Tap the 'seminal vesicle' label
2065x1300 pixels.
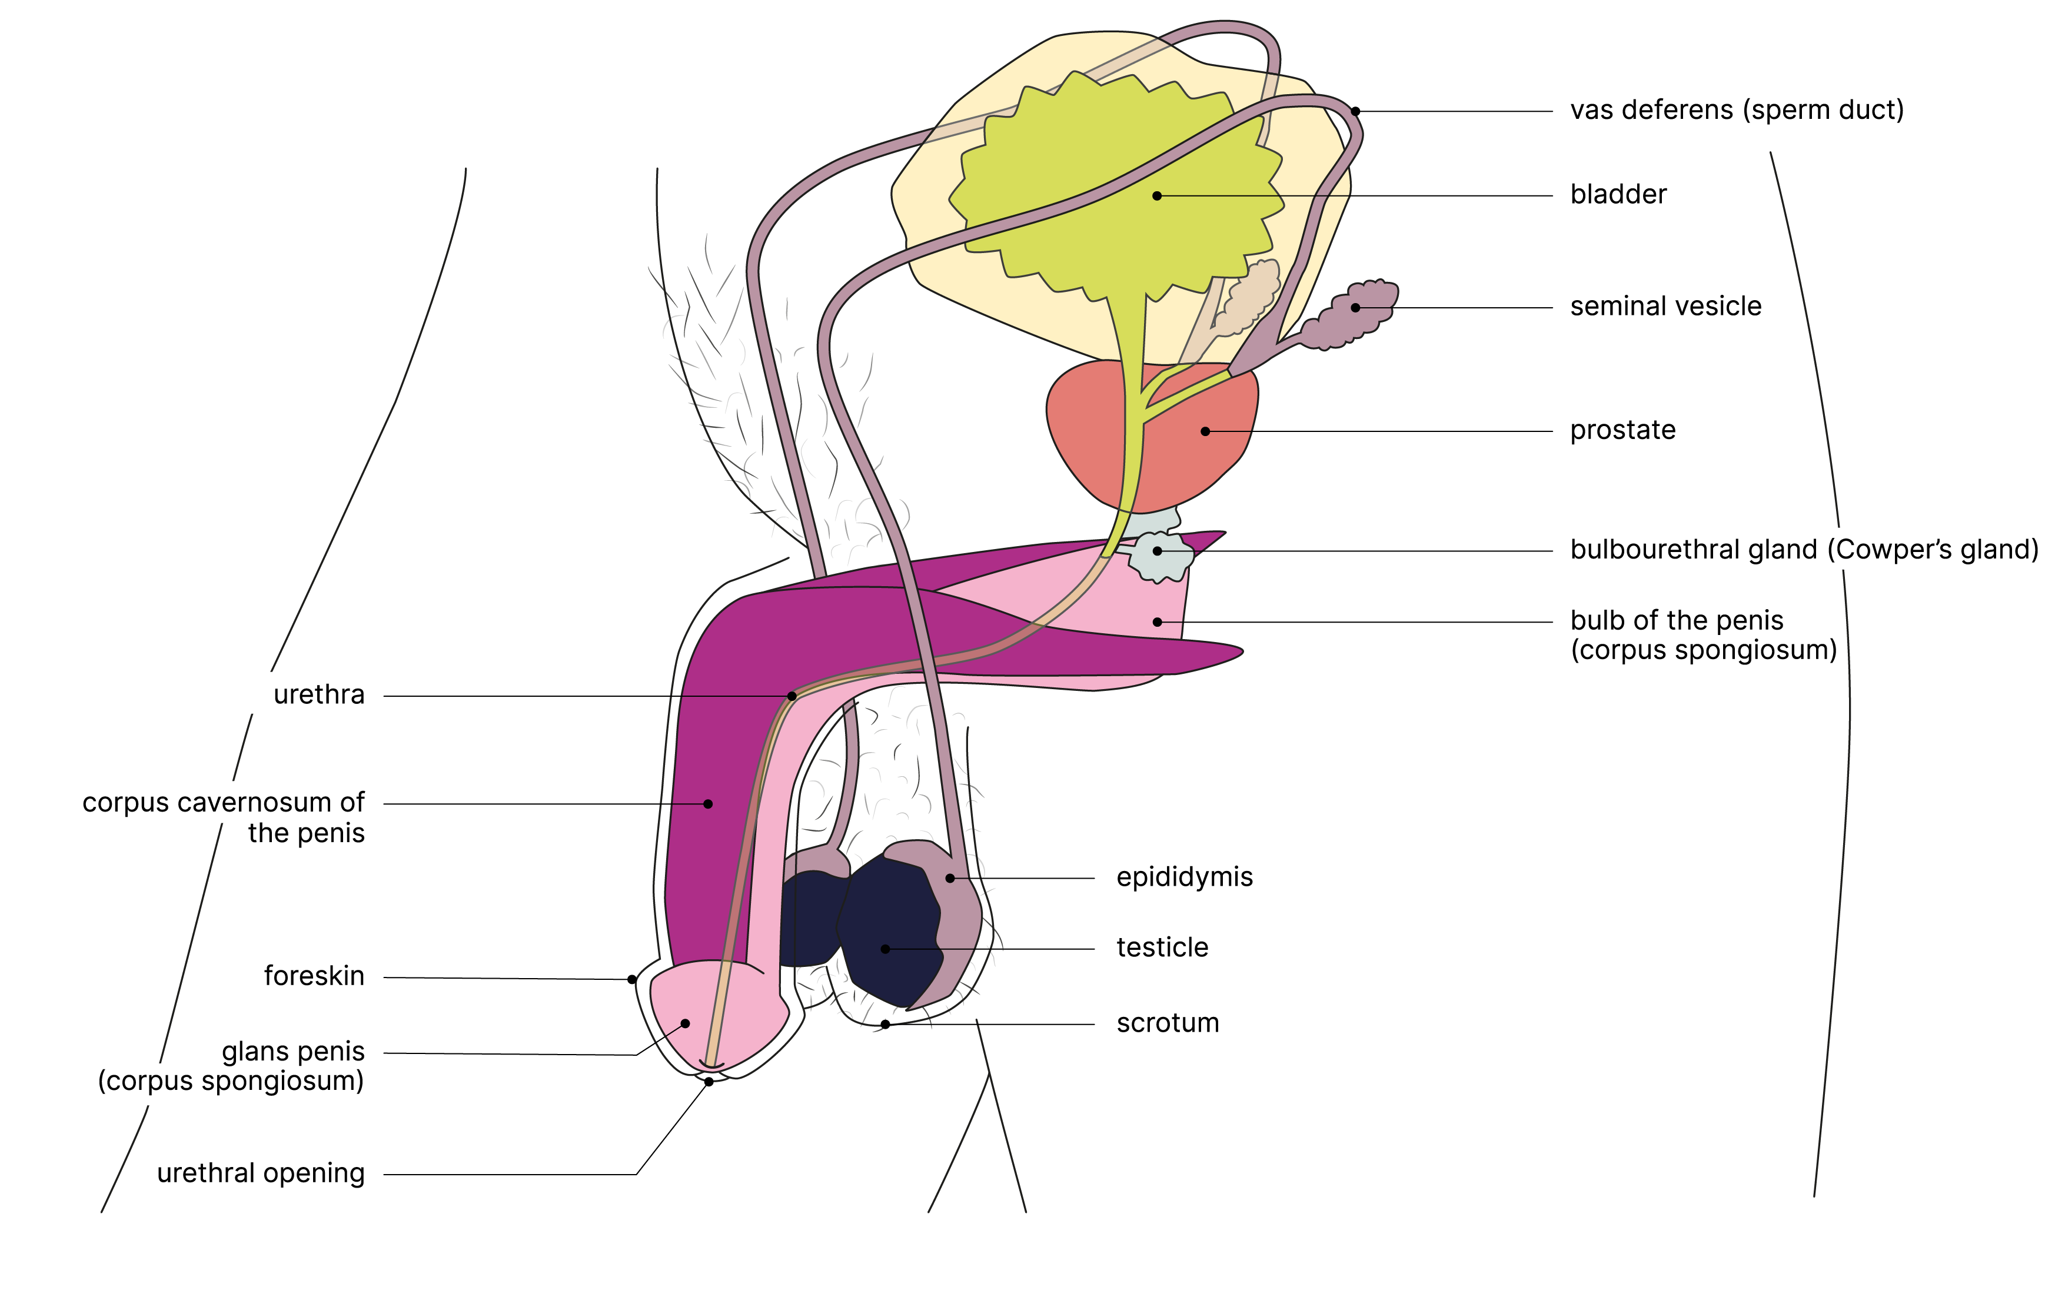click(x=1665, y=306)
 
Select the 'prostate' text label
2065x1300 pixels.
click(x=1622, y=430)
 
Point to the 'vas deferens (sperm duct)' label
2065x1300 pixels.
click(x=1737, y=111)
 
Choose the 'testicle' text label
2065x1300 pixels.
click(x=1162, y=947)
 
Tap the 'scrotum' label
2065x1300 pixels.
click(x=1167, y=1023)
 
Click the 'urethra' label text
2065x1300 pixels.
click(x=319, y=694)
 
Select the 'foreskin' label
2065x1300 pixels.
click(x=314, y=976)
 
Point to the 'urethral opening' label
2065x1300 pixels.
click(x=261, y=1173)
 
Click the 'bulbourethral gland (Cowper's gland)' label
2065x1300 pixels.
click(x=1804, y=550)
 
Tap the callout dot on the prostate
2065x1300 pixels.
click(x=1205, y=431)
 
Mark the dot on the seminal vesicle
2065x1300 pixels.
click(x=1356, y=308)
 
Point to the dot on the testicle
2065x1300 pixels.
click(x=885, y=949)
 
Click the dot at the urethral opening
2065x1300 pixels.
click(x=709, y=1082)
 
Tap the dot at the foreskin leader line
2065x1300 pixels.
click(x=632, y=979)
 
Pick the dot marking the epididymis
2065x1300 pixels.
click(x=950, y=878)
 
